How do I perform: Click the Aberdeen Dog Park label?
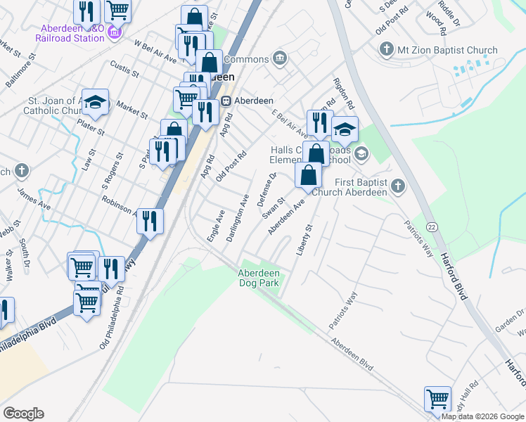pos(259,278)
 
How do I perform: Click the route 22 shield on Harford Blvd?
pos(431,226)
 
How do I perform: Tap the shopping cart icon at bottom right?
pos(437,399)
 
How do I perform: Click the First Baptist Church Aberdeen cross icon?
pos(399,186)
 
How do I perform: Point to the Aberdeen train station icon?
pos(227,100)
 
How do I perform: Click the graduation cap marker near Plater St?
pos(95,103)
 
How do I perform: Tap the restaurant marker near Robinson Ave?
pos(150,221)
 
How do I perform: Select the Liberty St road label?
pos(304,241)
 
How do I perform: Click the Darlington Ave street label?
pos(238,219)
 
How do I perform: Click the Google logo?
pos(23,414)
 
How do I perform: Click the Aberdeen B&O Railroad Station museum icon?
pos(115,32)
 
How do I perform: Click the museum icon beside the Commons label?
pos(280,58)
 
